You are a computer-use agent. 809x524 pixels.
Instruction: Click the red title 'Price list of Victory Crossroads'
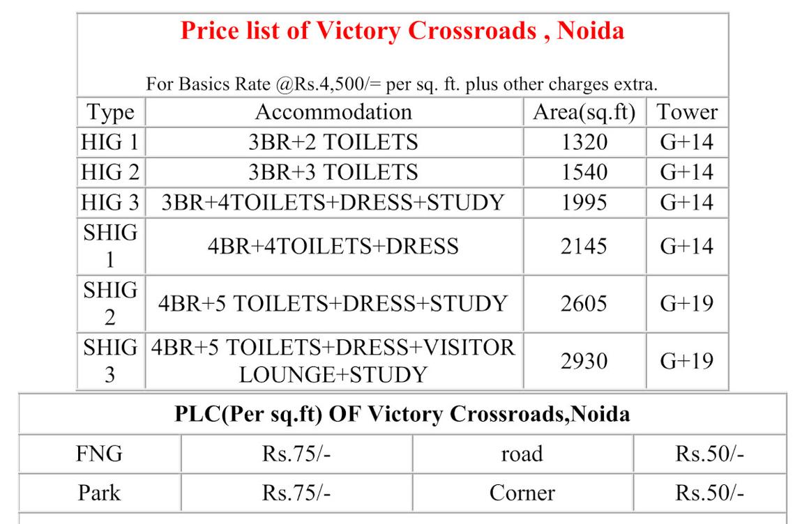click(x=402, y=31)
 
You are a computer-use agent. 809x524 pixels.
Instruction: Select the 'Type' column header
click(x=110, y=112)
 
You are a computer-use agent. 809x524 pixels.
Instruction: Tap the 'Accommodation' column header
click(x=333, y=112)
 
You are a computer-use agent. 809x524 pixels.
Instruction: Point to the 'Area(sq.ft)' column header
click(x=584, y=112)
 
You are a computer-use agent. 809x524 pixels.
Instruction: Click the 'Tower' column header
click(x=687, y=112)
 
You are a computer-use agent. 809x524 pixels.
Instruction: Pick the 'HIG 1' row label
click(x=110, y=142)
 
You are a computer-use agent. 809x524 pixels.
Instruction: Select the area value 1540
click(x=584, y=172)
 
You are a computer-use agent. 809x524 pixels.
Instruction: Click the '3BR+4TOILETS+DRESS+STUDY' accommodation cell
click(x=333, y=202)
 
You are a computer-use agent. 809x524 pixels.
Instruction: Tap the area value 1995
click(x=584, y=202)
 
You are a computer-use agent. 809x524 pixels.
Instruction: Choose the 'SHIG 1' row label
click(x=110, y=246)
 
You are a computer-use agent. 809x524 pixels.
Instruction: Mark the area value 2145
click(x=584, y=246)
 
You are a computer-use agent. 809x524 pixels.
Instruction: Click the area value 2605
click(x=584, y=304)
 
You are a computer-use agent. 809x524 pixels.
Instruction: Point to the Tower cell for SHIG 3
click(x=687, y=361)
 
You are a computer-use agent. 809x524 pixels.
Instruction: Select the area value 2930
click(x=584, y=361)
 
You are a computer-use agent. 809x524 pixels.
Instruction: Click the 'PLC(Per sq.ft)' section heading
click(x=402, y=415)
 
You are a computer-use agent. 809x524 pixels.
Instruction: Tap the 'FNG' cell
click(x=99, y=454)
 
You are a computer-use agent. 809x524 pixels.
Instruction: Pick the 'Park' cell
click(x=99, y=493)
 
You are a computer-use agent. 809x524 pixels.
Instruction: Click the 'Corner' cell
click(x=522, y=493)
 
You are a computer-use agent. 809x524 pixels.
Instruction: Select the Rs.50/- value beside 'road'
click(x=709, y=454)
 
